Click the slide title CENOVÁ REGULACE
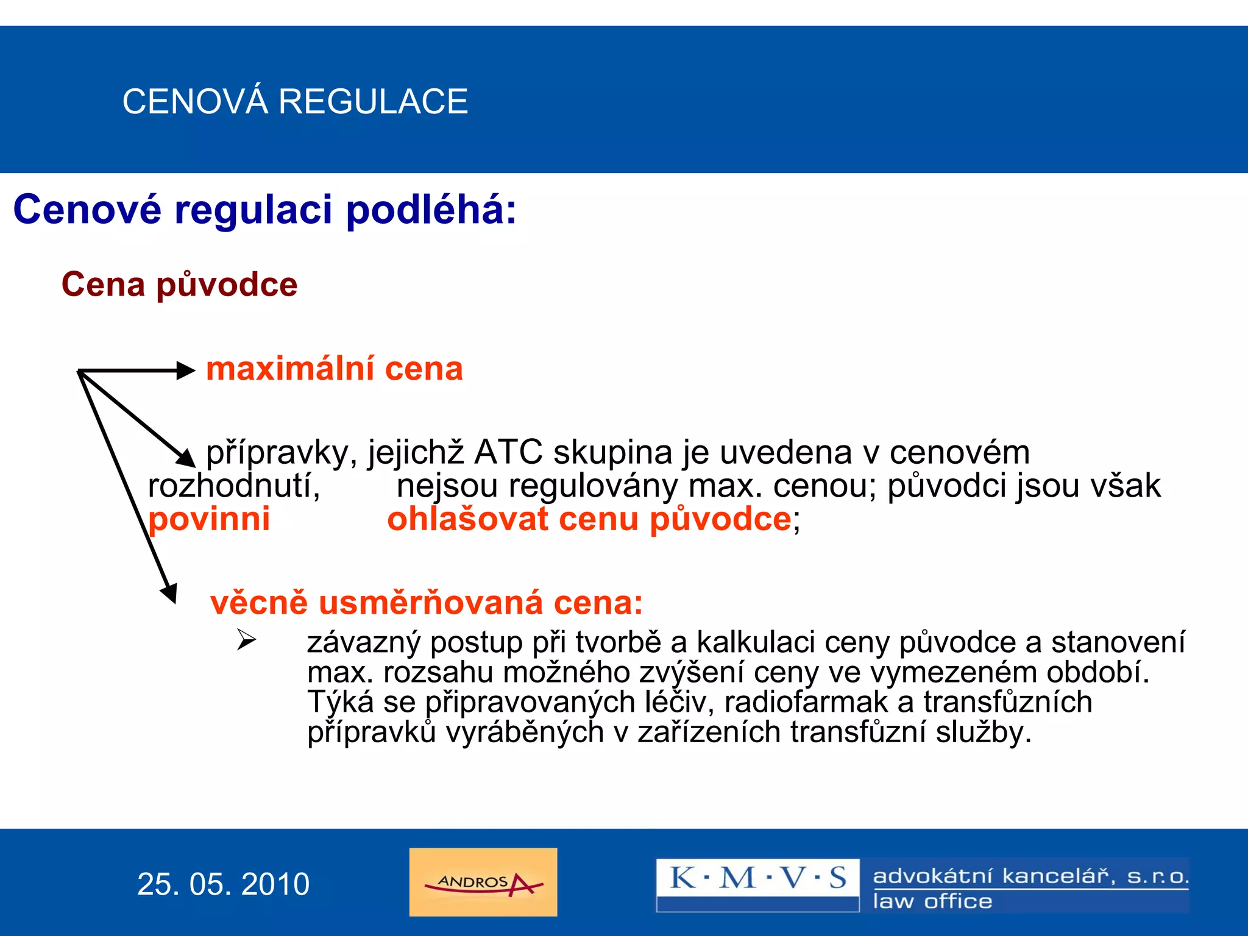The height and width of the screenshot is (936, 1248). click(295, 101)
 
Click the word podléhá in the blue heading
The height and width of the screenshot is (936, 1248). click(431, 210)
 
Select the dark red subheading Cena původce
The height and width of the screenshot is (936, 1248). click(179, 285)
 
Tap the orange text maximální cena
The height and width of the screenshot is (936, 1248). click(335, 369)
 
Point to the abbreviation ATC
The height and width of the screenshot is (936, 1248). click(508, 452)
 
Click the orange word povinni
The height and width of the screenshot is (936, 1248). click(209, 519)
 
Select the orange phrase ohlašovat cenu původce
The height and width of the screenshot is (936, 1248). click(589, 519)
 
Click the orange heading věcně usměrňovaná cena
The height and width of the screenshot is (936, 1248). click(426, 603)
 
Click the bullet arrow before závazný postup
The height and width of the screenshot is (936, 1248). click(246, 639)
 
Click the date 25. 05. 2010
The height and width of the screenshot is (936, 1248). click(223, 884)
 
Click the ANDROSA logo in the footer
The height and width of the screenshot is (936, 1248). click(483, 882)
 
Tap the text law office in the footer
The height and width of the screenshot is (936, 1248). click(932, 901)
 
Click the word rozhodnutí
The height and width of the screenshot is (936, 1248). click(234, 486)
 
